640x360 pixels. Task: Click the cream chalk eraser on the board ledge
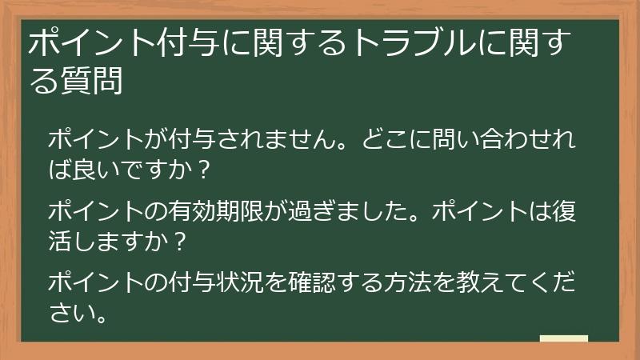click(x=563, y=338)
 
